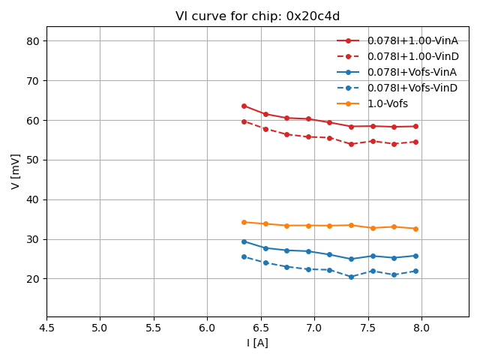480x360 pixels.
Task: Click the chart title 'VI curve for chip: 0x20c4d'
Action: pos(257,16)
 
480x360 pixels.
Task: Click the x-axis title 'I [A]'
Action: pos(257,343)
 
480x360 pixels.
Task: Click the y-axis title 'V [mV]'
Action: pos(16,171)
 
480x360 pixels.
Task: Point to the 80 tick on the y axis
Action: pos(33,41)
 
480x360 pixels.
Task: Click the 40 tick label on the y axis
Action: pos(33,199)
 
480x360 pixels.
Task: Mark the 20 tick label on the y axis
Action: pos(33,279)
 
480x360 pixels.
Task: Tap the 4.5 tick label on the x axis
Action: pos(46,328)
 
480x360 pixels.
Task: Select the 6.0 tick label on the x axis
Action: pos(207,328)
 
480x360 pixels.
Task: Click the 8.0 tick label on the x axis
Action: pos(421,328)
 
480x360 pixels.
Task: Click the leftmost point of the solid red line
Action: pos(244,106)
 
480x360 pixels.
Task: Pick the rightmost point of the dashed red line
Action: pos(415,142)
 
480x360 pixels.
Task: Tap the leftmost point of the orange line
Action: pos(244,222)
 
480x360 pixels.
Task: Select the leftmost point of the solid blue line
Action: pos(244,241)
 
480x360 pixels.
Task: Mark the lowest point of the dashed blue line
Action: pos(351,277)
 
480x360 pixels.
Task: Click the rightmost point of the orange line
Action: pos(415,229)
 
